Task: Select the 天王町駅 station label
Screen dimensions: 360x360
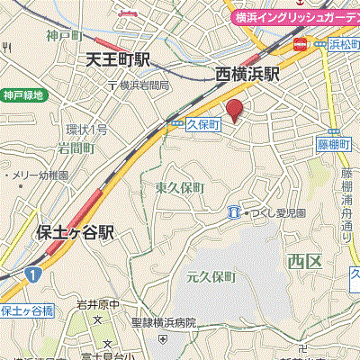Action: tap(118, 61)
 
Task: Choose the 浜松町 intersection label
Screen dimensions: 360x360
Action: tap(338, 41)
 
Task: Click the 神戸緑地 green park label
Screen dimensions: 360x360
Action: tap(22, 94)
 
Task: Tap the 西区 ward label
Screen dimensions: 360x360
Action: tap(303, 262)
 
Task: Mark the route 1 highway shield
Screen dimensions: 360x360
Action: tap(33, 273)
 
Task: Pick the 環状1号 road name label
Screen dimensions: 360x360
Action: tap(86, 130)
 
